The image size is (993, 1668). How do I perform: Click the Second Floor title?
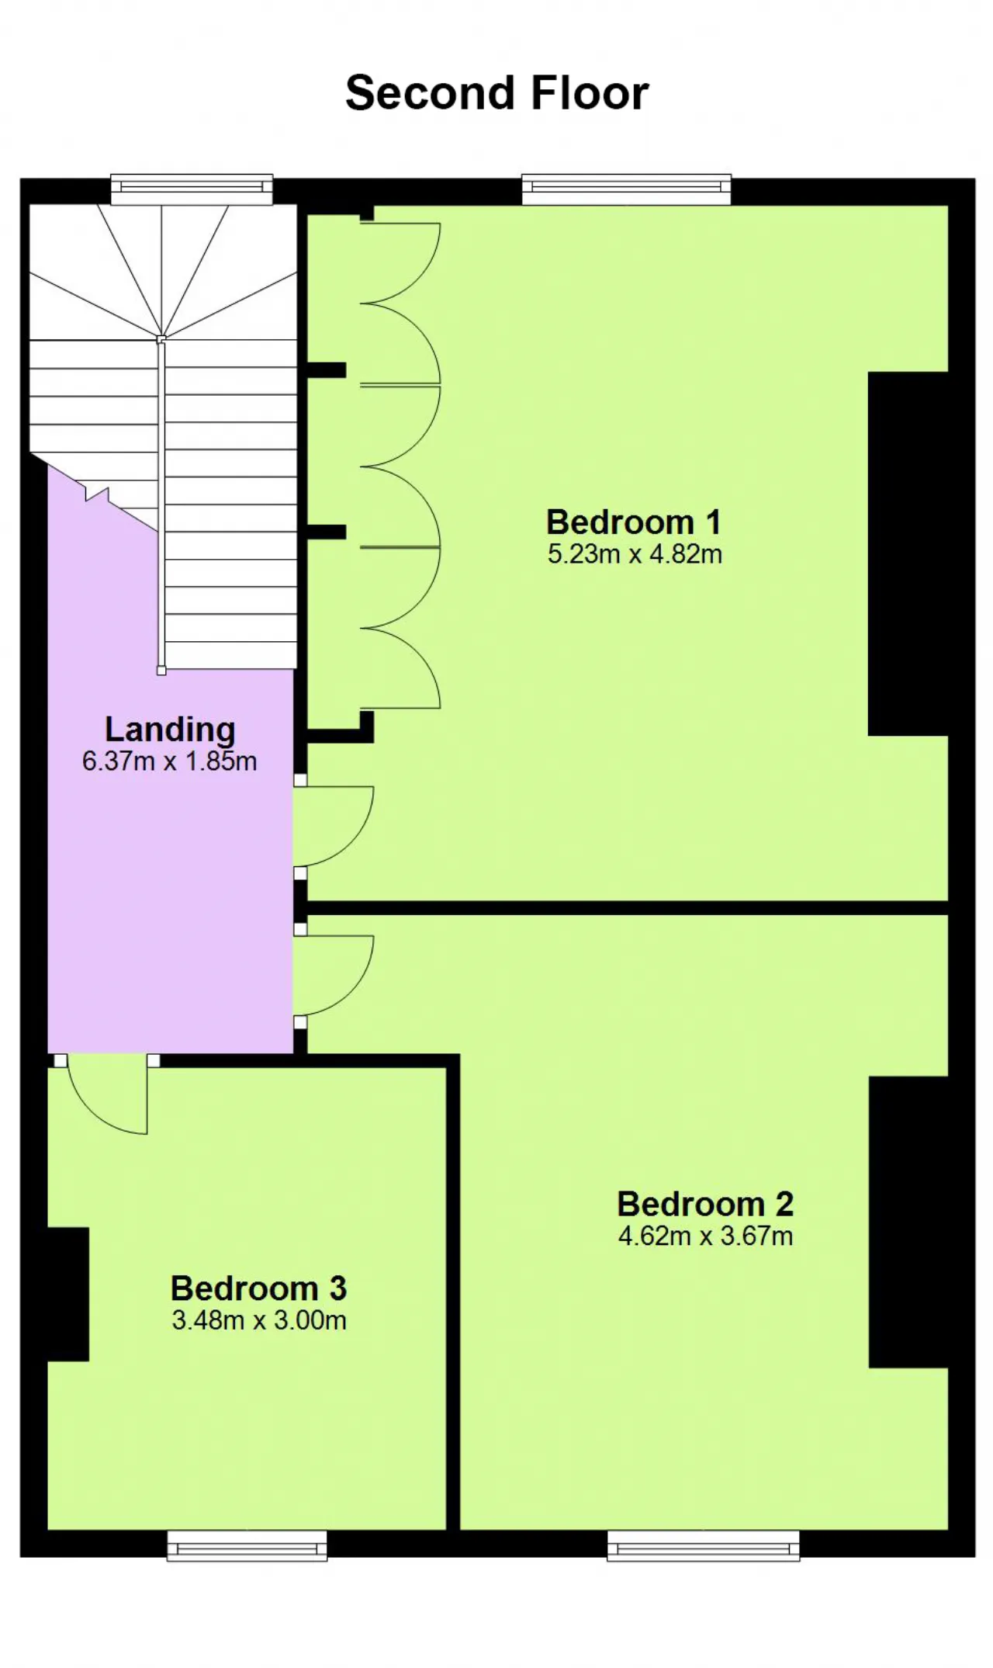pos(496,93)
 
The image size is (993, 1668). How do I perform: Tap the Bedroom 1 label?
pos(634,522)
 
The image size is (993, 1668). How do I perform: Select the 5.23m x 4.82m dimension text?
pos(635,554)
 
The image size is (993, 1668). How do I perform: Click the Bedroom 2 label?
pos(705,1204)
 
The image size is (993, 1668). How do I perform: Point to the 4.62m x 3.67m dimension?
pos(705,1236)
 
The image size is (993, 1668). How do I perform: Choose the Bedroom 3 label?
pos(258,1288)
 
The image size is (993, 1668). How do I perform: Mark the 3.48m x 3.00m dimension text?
pos(259,1320)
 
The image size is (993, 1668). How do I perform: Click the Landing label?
pos(170,730)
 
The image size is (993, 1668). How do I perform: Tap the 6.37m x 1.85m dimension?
pos(169,761)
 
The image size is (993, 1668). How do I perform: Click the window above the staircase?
pos(192,189)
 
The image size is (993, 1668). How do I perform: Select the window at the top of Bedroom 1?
pos(626,189)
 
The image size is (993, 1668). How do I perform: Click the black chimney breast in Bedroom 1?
pos(908,553)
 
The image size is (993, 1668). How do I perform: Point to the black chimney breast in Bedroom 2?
pos(908,1222)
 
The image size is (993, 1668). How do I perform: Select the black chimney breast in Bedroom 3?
pos(68,1294)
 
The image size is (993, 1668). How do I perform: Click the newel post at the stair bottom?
pos(161,671)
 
